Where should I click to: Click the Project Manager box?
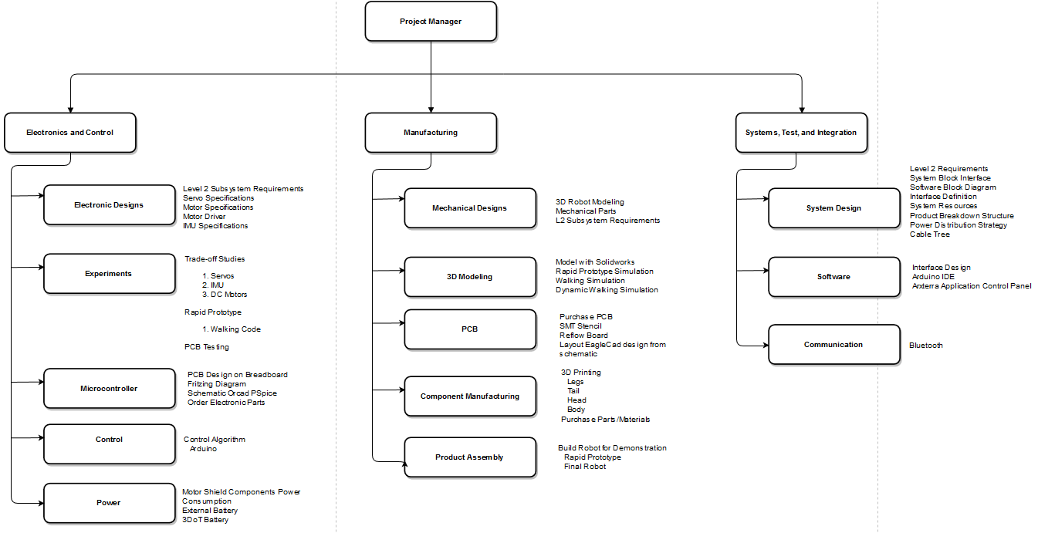coord(431,22)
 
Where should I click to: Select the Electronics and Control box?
coord(70,133)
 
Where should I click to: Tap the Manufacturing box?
coord(431,133)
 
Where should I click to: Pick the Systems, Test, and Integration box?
coord(801,133)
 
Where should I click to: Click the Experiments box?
coord(110,274)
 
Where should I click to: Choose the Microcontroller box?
coord(110,389)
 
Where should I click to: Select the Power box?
coord(110,504)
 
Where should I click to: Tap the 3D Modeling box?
coord(470,277)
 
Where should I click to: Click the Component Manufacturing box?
coord(470,396)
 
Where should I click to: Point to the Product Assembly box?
coord(470,457)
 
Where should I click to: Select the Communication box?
coord(834,345)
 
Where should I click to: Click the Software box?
coord(834,277)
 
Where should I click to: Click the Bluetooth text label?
coord(926,346)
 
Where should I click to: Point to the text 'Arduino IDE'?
coord(933,277)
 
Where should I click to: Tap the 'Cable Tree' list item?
coord(929,234)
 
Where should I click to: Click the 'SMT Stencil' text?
coord(580,326)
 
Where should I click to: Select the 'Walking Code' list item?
coord(232,329)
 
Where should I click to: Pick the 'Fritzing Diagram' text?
coord(216,384)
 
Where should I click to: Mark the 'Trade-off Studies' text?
coord(215,259)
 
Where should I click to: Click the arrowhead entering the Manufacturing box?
coord(431,110)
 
